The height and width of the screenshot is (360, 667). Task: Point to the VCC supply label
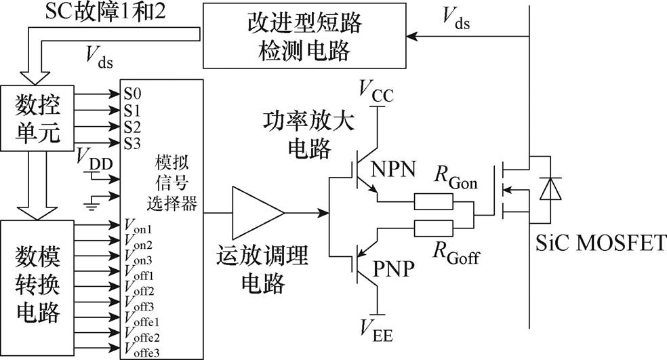[376, 89]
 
